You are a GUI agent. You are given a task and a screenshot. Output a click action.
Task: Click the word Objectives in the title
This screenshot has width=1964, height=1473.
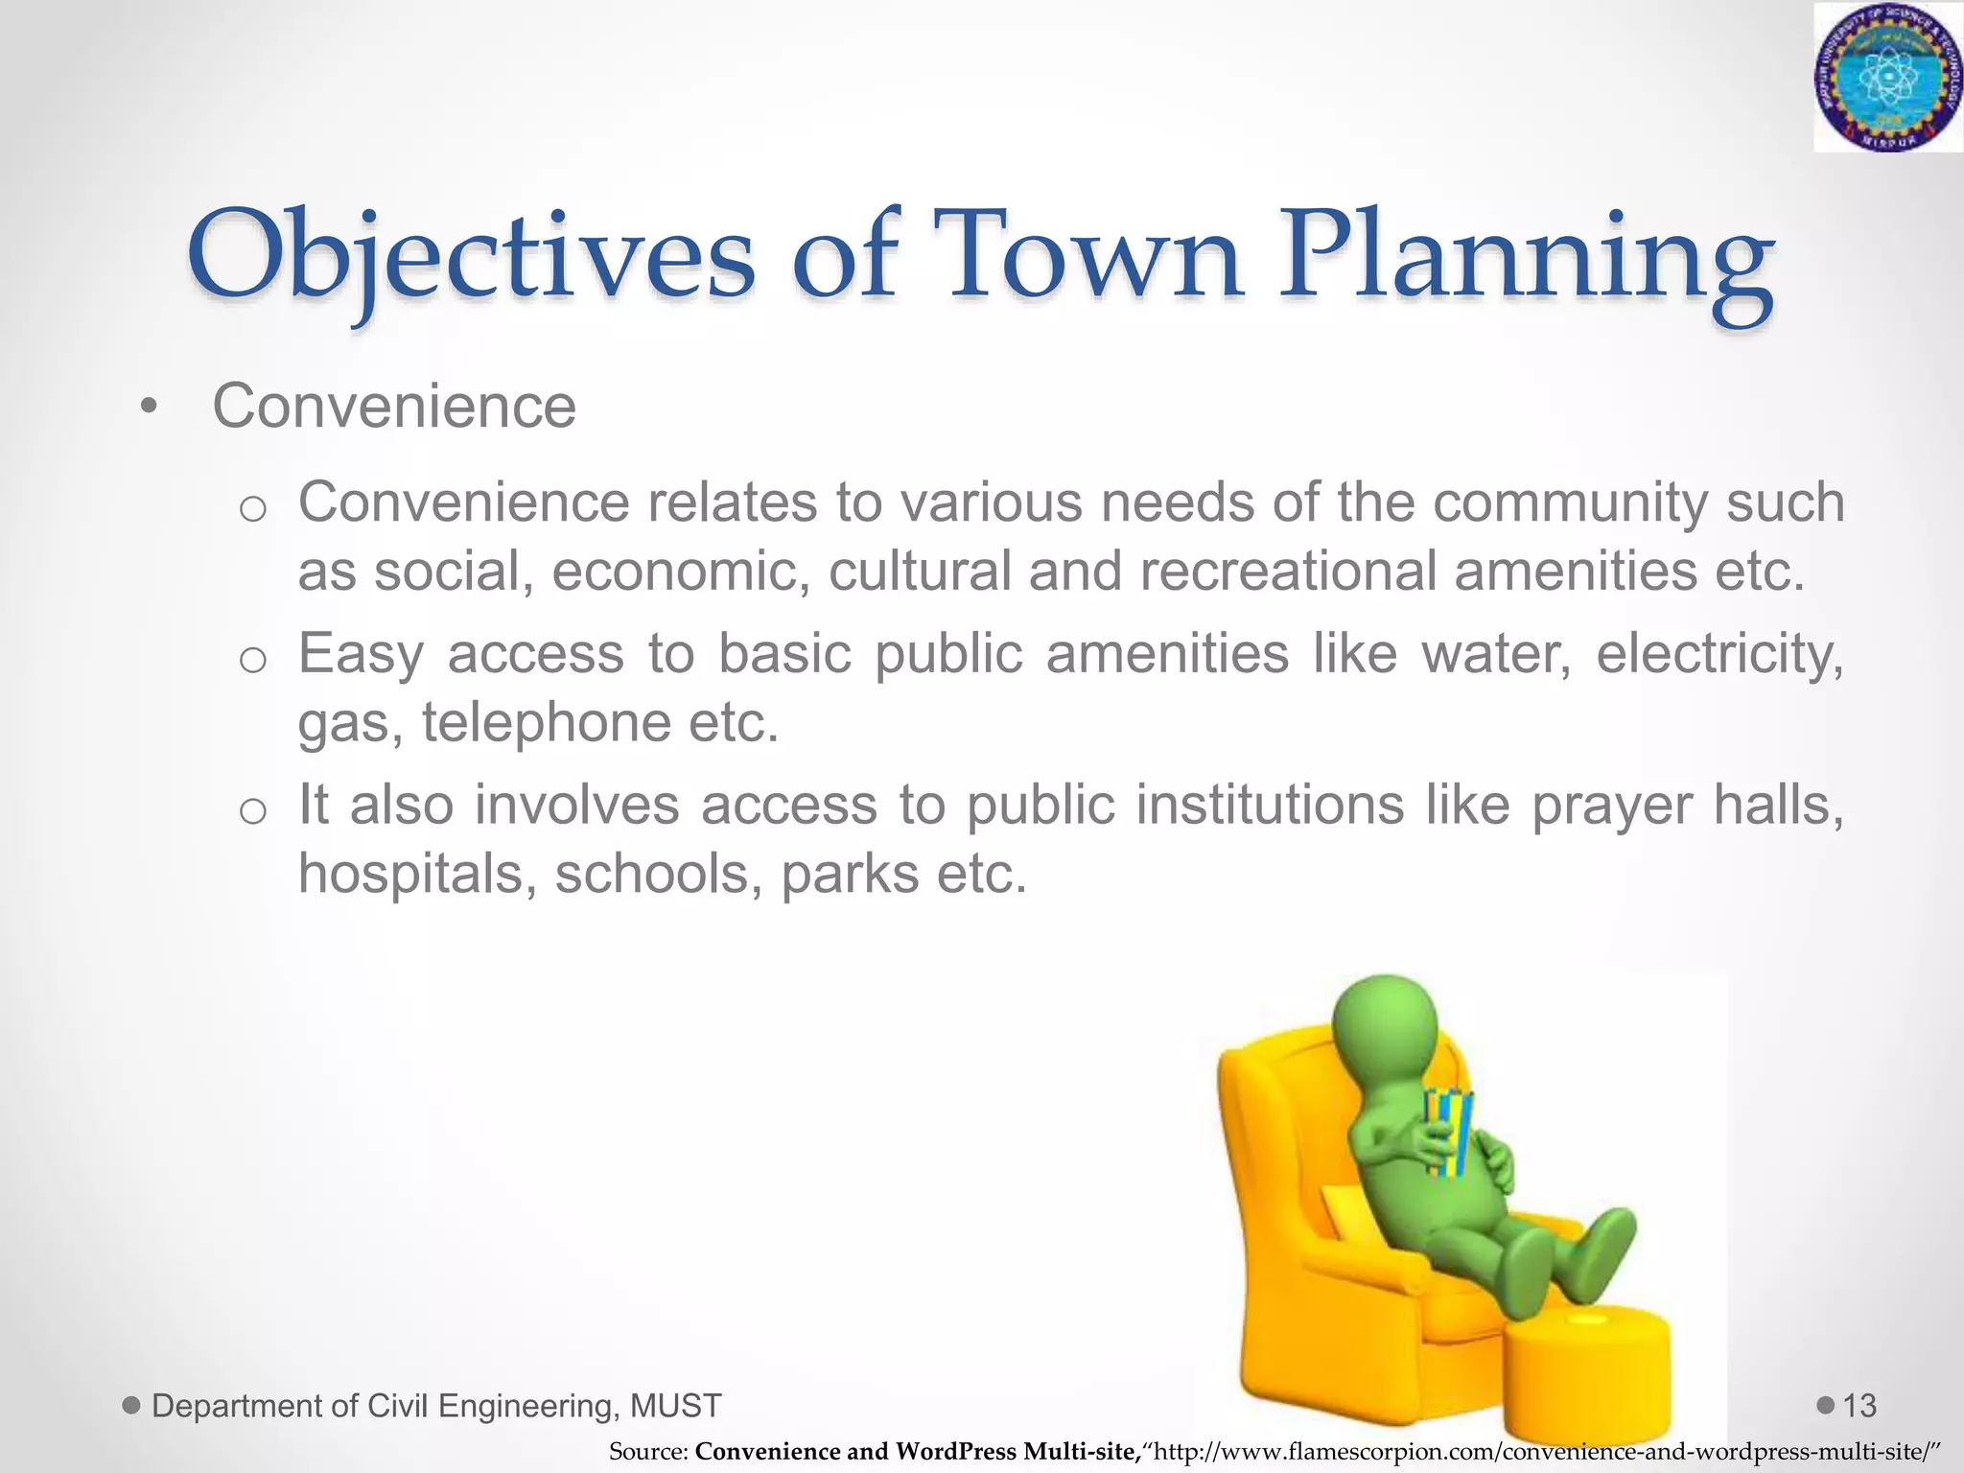coord(471,257)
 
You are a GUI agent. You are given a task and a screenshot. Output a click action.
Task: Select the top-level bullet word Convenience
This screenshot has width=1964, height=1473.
coord(394,407)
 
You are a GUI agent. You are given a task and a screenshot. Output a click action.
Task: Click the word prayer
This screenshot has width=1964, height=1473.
coord(1611,805)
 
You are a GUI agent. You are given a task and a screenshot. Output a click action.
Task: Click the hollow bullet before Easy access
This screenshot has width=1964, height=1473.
coord(252,660)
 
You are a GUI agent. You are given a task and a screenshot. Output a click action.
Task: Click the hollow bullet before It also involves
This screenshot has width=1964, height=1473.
coord(252,811)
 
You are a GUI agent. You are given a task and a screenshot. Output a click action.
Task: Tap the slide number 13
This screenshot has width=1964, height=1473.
coord(1859,1406)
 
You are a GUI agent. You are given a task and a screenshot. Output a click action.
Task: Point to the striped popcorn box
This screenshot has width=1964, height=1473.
coord(1448,1132)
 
